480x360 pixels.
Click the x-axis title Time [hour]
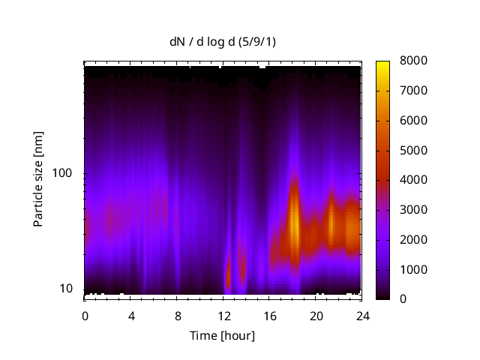(x=222, y=335)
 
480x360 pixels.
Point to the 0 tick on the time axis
(x=85, y=315)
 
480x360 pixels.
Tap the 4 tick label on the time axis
(x=131, y=315)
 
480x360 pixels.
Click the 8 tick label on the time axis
(x=177, y=315)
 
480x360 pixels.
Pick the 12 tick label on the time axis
(x=223, y=315)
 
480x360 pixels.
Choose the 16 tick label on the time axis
(x=270, y=315)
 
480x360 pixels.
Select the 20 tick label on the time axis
(x=316, y=315)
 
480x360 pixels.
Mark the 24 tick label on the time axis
(x=362, y=315)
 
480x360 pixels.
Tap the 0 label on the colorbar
(x=403, y=299)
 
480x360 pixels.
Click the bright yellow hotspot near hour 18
(x=295, y=225)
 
